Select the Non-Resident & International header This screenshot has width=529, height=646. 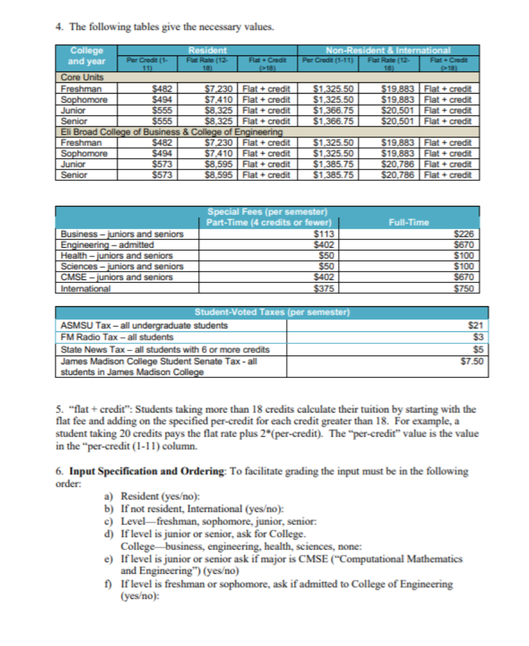pyautogui.click(x=388, y=50)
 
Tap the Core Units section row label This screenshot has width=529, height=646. pyautogui.click(x=82, y=78)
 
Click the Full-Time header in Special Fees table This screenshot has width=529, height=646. pyautogui.click(x=408, y=223)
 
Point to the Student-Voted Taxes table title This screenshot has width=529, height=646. pyautogui.click(x=272, y=313)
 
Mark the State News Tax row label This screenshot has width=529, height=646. pyautogui.click(x=165, y=349)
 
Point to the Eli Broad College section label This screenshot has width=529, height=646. pyautogui.click(x=170, y=132)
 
